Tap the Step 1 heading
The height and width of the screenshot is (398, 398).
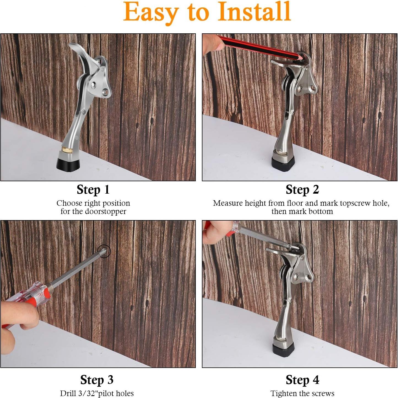tap(93, 190)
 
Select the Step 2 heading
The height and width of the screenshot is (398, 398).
tap(302, 190)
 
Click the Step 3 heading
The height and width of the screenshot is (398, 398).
tap(97, 380)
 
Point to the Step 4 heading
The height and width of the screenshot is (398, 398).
tap(302, 380)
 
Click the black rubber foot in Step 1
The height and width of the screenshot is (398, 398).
tap(68, 164)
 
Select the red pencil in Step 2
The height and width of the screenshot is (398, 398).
tap(256, 47)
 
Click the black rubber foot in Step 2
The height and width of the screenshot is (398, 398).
tap(282, 164)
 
